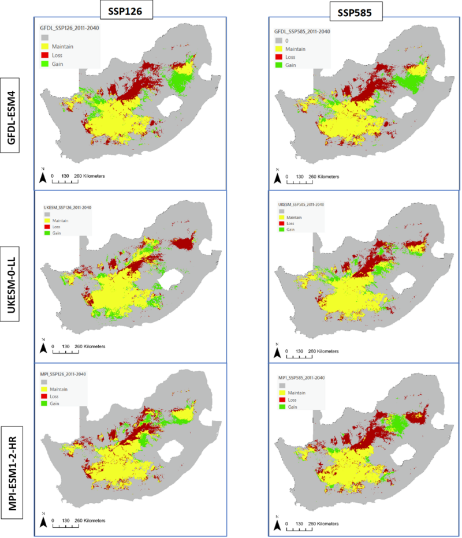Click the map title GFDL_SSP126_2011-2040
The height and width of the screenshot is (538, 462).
pyautogui.click(x=66, y=27)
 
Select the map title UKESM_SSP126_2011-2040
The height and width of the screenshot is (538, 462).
pyautogui.click(x=68, y=207)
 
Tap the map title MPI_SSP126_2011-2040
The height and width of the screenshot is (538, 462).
pyautogui.click(x=64, y=374)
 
